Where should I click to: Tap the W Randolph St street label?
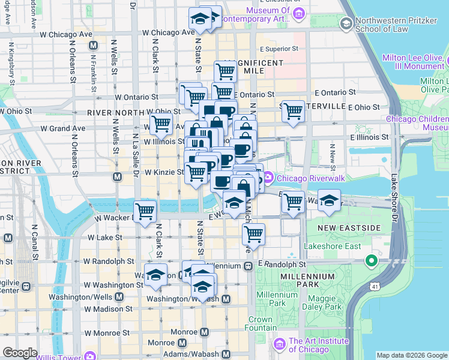[109, 262]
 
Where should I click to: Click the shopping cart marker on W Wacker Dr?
[145, 211]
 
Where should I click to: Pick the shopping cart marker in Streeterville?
[293, 111]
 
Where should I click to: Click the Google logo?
[20, 353]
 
